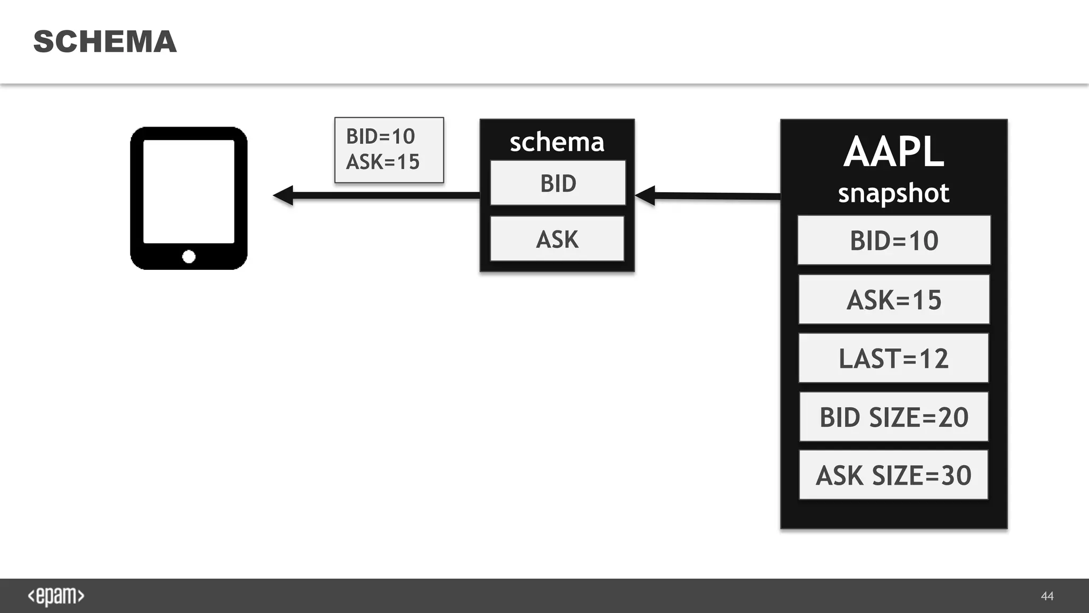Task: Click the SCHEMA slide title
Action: pos(105,42)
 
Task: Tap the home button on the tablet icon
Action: pos(189,257)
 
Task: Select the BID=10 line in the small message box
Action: pos(380,137)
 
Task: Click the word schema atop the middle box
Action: pos(557,142)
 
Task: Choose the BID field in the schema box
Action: pos(558,183)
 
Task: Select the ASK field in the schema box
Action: pos(557,239)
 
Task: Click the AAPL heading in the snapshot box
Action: pos(893,152)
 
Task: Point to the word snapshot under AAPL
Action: pos(893,193)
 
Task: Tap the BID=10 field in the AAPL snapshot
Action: pos(894,241)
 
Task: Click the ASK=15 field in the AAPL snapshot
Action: pos(894,300)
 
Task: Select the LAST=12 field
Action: pos(893,358)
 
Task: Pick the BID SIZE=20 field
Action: pos(893,417)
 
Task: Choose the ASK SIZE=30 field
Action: pos(893,475)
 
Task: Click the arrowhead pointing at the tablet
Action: pos(284,195)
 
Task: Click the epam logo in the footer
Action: pos(56,596)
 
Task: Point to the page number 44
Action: pos(1047,596)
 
